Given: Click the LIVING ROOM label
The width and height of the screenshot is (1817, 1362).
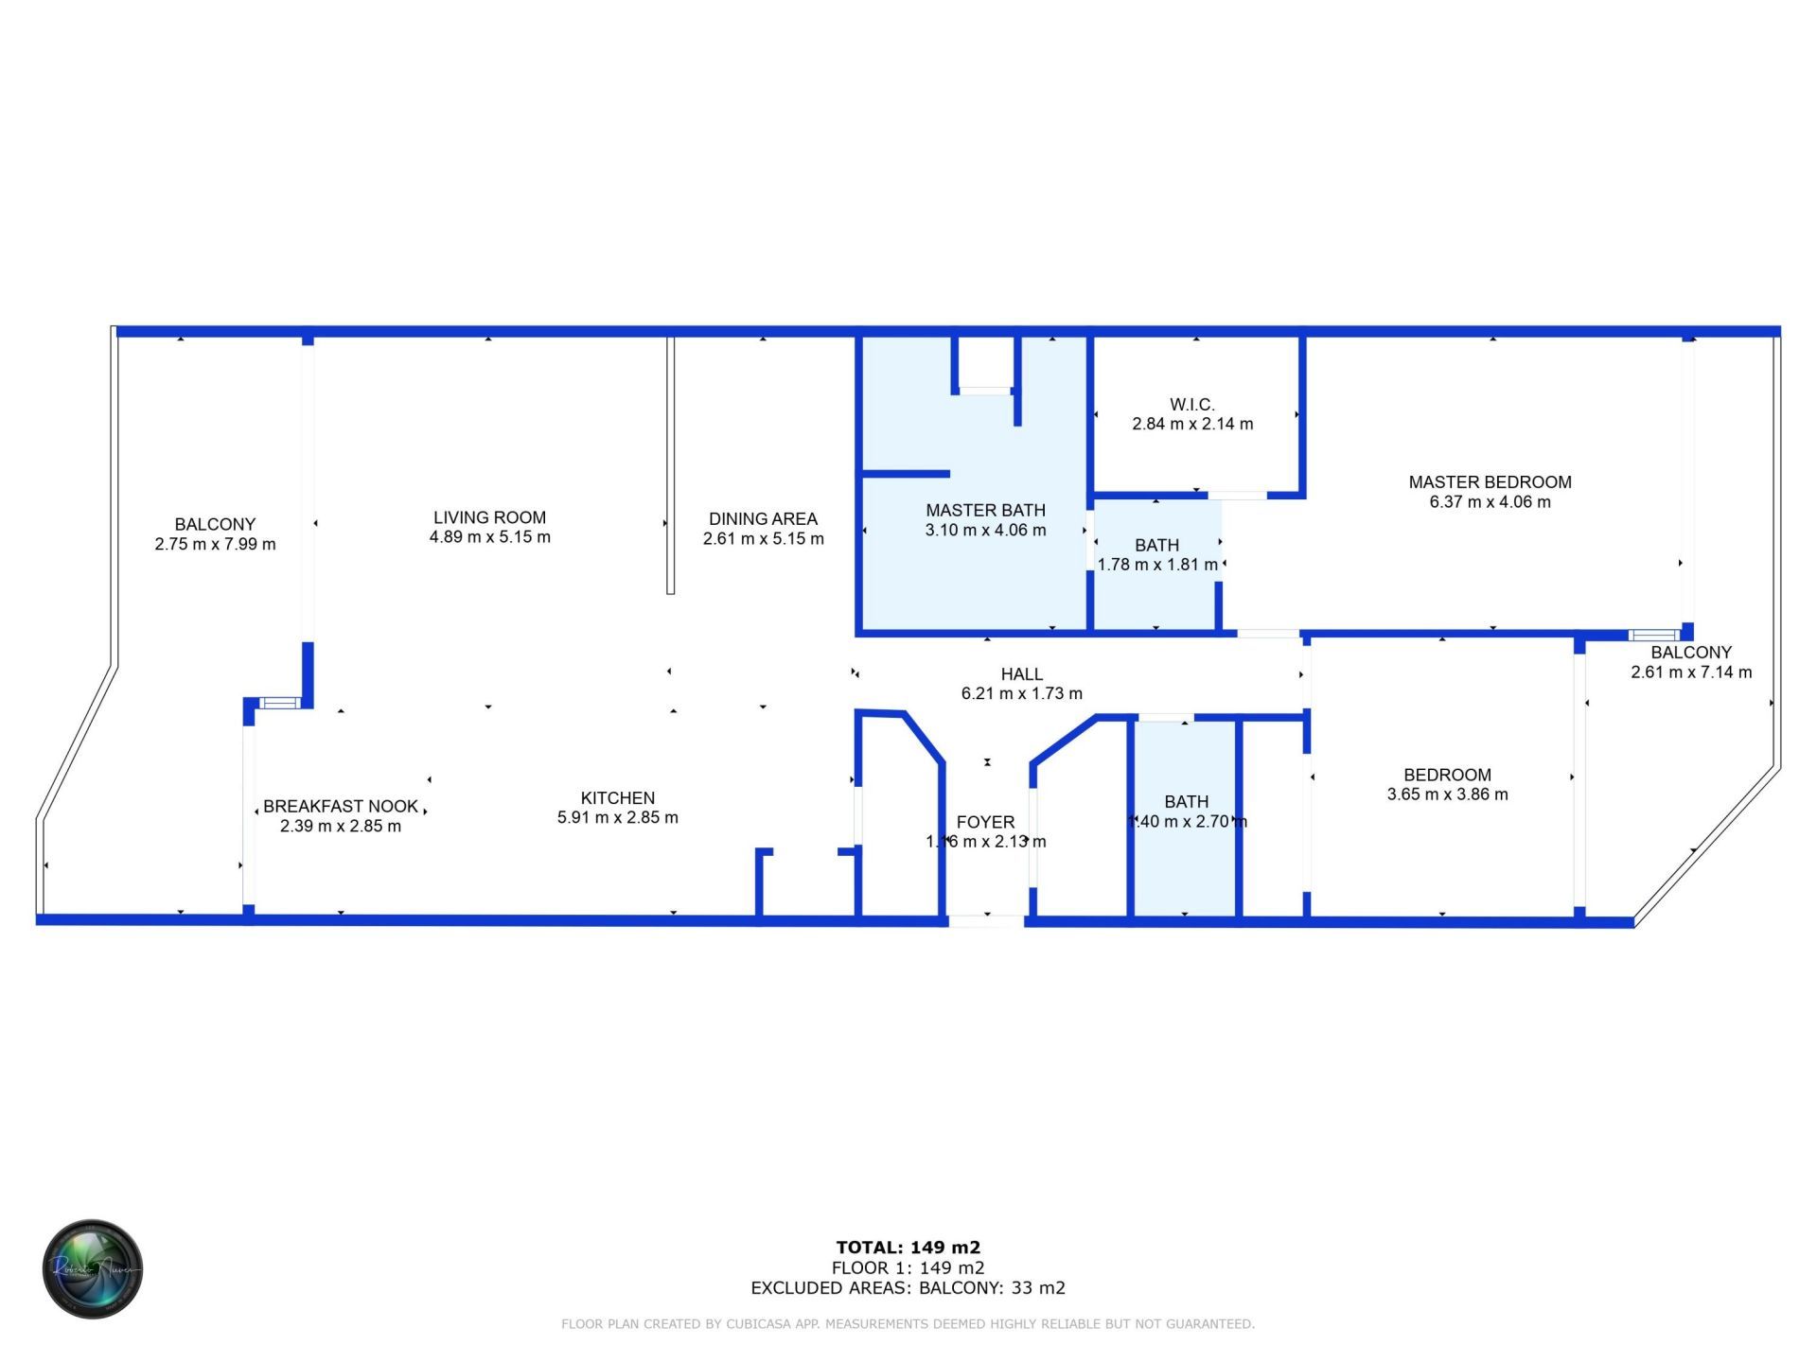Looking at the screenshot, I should [x=489, y=517].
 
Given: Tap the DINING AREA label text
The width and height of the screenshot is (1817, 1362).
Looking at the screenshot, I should [x=763, y=518].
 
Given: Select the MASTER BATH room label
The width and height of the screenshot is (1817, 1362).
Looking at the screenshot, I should [x=985, y=510].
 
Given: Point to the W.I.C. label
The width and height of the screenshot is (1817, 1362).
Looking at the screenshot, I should [x=1191, y=405].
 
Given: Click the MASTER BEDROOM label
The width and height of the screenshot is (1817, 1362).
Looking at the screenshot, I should [x=1490, y=482].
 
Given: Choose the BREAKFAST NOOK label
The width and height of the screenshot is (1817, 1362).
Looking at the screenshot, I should [x=341, y=806].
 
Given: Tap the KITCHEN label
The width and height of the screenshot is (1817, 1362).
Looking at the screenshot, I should [x=617, y=798].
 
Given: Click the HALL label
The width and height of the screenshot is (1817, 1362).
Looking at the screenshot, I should [x=1021, y=674].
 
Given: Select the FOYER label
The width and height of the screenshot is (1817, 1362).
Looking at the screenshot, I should [x=985, y=822].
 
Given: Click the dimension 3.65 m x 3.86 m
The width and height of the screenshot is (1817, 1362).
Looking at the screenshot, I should [x=1447, y=794].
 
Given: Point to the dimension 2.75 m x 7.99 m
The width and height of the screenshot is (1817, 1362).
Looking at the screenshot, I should [x=215, y=544].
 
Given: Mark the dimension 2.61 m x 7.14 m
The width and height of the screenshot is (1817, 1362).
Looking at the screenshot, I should [x=1690, y=672].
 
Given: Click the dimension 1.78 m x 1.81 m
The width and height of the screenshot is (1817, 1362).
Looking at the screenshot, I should [x=1156, y=565].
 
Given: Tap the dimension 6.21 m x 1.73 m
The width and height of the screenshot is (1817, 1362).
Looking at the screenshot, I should [x=1021, y=693].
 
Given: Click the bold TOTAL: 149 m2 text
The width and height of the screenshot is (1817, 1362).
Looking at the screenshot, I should [x=908, y=1248].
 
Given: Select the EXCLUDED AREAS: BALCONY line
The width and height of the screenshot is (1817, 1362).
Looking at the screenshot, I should [x=908, y=1287].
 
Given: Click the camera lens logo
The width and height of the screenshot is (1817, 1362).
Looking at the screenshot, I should [x=93, y=1268].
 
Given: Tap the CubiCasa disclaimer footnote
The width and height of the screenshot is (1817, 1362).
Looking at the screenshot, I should [x=908, y=1324].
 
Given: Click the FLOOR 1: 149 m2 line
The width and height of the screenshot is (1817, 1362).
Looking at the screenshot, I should [x=908, y=1267].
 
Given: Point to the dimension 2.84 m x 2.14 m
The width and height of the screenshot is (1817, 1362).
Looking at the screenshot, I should [x=1191, y=424].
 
